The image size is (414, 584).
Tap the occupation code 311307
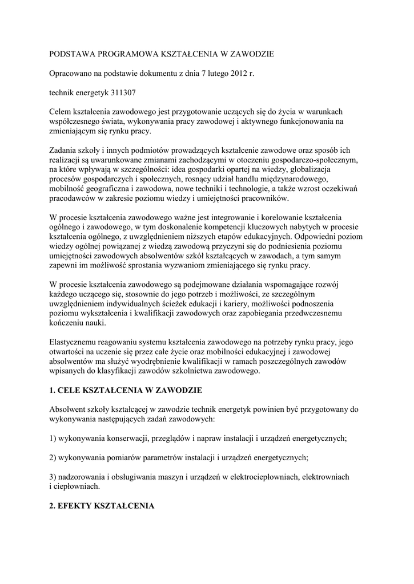120,92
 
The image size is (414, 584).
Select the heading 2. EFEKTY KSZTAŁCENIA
102,505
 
